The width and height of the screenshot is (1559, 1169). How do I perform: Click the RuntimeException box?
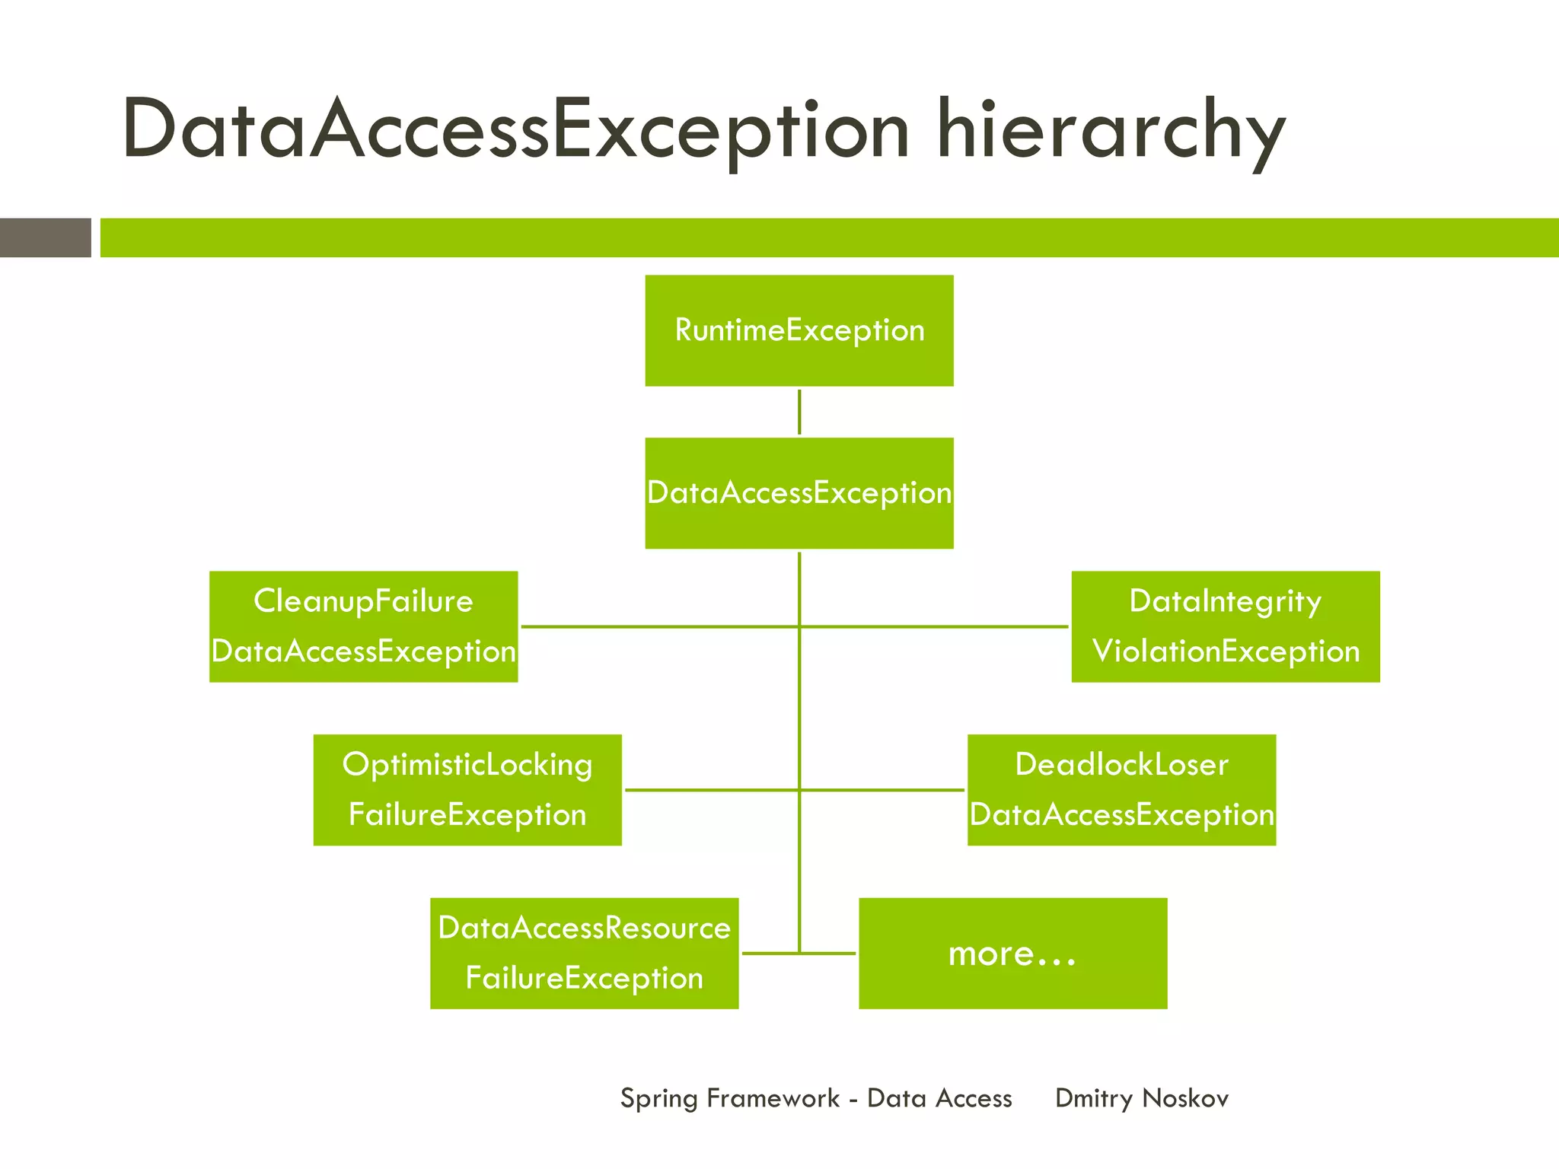click(799, 330)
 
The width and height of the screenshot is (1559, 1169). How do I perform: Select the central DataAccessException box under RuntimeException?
click(799, 493)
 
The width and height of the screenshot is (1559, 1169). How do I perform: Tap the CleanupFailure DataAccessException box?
click(363, 626)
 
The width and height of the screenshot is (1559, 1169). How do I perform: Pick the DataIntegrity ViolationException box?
click(1225, 626)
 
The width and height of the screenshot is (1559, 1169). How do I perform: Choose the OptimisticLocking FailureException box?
click(467, 789)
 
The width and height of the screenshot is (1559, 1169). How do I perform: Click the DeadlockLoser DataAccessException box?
click(1121, 789)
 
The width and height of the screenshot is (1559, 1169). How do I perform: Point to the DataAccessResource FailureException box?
click(584, 953)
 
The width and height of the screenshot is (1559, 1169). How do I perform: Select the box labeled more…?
click(1012, 953)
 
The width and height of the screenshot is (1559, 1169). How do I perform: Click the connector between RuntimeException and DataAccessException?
click(799, 412)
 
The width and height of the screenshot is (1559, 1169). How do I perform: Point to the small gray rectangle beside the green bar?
click(45, 237)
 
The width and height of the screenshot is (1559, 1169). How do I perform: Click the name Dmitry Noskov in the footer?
click(1141, 1098)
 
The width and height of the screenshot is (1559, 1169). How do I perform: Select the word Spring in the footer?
click(658, 1098)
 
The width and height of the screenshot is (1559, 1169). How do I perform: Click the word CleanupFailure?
click(363, 601)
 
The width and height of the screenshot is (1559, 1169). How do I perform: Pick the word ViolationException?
click(1226, 651)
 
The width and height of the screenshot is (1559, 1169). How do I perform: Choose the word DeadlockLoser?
click(1121, 764)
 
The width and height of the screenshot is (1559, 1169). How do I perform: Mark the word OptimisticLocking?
click(467, 765)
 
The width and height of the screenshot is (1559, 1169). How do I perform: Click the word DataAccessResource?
click(584, 928)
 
